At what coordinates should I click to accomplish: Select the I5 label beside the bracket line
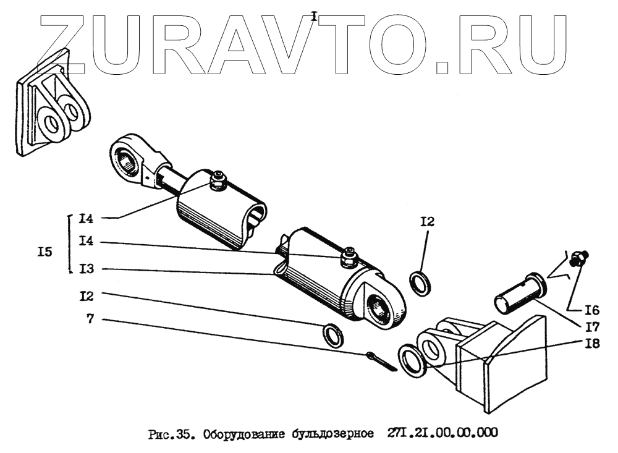click(44, 252)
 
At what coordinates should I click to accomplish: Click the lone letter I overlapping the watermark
click(314, 17)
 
